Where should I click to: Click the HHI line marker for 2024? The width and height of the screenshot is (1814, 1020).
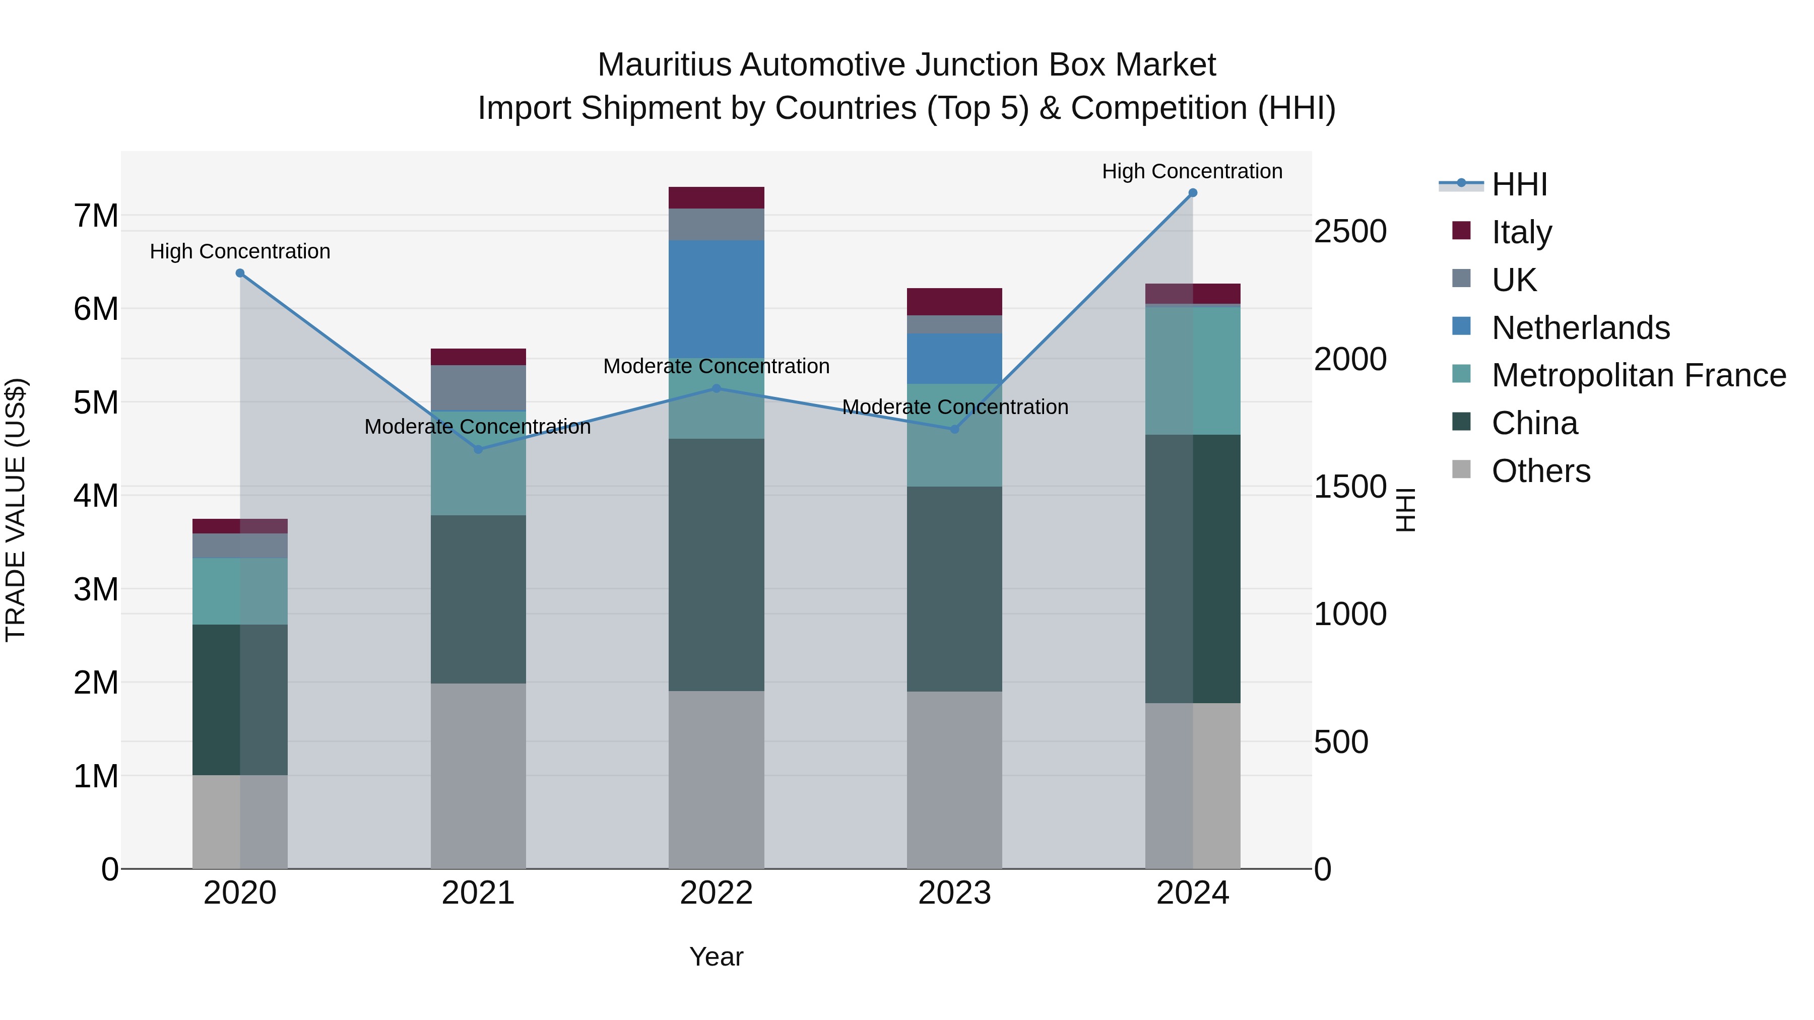coord(1192,193)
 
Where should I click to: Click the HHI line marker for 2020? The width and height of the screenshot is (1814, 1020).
coord(240,273)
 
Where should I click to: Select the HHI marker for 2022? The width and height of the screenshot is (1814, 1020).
coord(716,388)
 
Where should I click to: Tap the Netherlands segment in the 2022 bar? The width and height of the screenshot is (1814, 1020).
coord(716,299)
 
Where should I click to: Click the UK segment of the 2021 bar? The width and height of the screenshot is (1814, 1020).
coord(478,387)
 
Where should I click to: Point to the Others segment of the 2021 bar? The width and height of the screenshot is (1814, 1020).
coord(478,776)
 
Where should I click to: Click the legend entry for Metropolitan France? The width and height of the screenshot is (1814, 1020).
coord(1639,376)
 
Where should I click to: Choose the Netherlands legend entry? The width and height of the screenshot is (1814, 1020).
coord(1580,328)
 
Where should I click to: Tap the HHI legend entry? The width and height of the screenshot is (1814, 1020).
coord(1519,184)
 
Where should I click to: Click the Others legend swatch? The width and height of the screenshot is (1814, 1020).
coord(1461,469)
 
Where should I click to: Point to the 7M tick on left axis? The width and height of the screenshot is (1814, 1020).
coord(96,216)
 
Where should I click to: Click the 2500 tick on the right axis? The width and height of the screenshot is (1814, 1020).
coord(1350,232)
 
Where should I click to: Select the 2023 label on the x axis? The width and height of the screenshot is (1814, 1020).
coord(954,893)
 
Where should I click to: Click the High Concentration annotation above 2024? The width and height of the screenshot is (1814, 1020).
coord(1192,171)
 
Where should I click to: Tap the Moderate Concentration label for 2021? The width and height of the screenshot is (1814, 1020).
coord(478,427)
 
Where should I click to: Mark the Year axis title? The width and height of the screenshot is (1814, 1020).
coord(716,957)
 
